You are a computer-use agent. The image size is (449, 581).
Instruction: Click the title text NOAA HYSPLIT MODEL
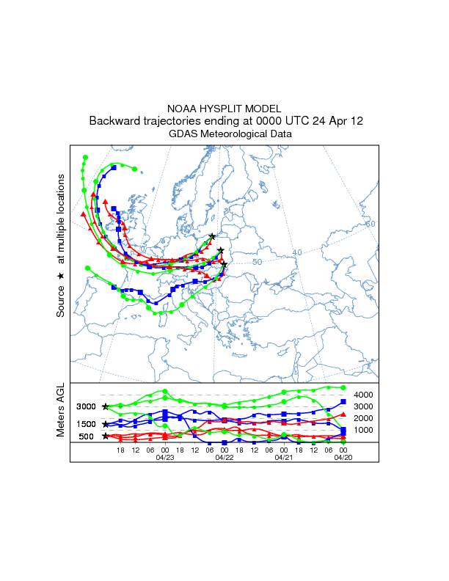point(224,108)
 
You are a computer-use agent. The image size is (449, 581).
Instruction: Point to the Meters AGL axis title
point(62,412)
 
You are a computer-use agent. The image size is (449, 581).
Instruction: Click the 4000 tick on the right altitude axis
point(364,395)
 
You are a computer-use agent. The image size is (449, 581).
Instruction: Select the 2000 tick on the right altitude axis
point(364,418)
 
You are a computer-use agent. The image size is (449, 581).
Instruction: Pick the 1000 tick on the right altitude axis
point(364,430)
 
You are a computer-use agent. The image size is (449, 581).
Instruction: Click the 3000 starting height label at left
point(87,406)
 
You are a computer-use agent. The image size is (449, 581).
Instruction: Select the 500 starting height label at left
point(86,436)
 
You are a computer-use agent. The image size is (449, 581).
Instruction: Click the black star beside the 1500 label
point(106,424)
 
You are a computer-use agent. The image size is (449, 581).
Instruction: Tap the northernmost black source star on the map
point(212,236)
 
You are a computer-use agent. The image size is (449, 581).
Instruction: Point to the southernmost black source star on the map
point(224,264)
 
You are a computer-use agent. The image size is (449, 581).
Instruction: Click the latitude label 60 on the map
point(370,223)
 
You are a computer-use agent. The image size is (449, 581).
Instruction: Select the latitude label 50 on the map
point(257,262)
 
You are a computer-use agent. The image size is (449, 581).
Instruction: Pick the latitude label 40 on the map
point(297,252)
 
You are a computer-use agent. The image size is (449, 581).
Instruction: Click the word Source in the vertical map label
point(62,301)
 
